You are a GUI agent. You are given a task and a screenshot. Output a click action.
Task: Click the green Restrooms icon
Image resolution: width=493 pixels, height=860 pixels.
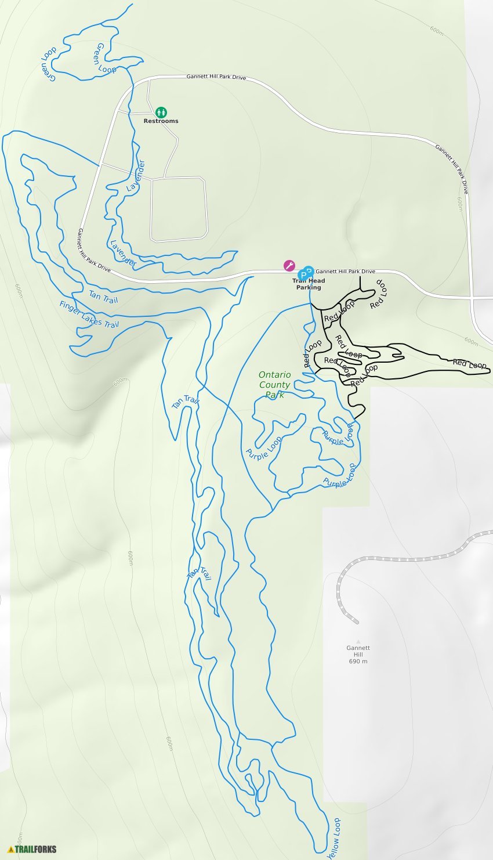[161, 111]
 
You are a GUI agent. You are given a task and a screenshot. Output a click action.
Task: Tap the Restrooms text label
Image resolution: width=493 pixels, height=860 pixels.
[161, 121]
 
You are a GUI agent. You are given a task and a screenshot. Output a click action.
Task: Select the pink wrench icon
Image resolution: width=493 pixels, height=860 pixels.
[289, 266]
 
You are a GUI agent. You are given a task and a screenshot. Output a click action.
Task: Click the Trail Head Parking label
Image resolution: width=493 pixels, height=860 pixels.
[309, 284]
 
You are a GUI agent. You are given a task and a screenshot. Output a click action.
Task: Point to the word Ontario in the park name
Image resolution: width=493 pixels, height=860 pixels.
[274, 375]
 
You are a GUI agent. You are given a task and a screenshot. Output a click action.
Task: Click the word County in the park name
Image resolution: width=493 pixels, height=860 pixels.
[274, 385]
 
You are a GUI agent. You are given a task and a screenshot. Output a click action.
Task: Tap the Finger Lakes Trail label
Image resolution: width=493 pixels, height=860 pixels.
[89, 314]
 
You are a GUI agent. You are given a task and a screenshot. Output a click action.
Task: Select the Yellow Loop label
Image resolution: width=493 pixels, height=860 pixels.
[334, 839]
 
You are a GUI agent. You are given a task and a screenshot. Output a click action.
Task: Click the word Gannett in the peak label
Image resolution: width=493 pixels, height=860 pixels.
[358, 648]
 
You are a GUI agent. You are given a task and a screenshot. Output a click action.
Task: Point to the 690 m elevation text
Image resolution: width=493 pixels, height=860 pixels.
[358, 662]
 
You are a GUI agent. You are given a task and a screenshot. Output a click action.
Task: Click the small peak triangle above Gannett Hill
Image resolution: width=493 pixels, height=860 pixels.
[358, 641]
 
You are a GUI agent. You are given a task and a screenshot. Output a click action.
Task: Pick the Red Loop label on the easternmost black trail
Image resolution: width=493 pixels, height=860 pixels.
[469, 364]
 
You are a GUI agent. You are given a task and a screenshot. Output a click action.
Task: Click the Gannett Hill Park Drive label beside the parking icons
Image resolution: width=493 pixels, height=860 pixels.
[345, 271]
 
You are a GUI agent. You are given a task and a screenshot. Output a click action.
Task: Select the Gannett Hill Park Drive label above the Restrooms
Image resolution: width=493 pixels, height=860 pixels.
[216, 77]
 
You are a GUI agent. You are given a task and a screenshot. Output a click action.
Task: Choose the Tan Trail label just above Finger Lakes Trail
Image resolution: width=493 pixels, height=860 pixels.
[103, 297]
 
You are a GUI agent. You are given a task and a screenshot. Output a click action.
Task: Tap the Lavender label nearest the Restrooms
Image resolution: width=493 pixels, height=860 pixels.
[136, 175]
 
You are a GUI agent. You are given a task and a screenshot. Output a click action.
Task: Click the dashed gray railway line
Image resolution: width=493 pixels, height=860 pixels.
[406, 559]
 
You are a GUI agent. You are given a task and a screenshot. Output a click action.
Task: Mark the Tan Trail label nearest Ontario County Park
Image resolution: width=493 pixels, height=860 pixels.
[185, 402]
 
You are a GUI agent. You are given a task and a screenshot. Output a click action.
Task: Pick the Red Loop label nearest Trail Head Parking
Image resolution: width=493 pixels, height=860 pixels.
[339, 311]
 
